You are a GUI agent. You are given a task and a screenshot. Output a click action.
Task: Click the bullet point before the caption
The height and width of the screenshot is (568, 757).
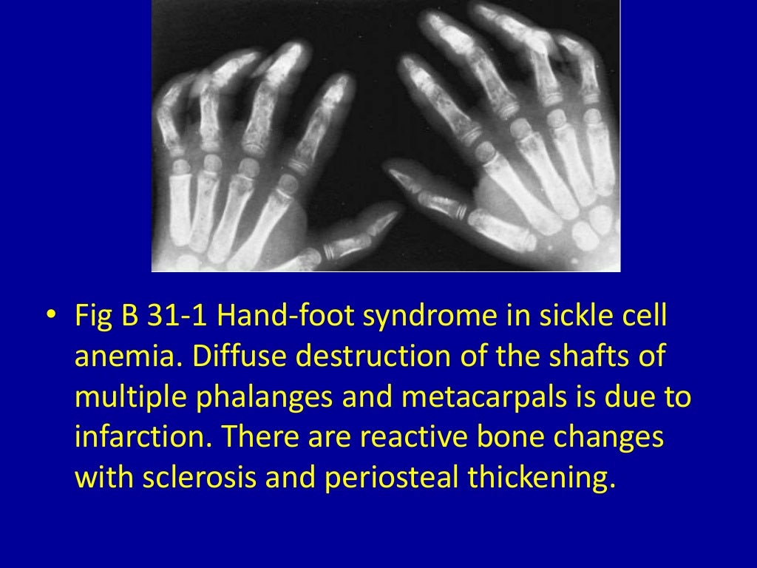pyautogui.click(x=50, y=317)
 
